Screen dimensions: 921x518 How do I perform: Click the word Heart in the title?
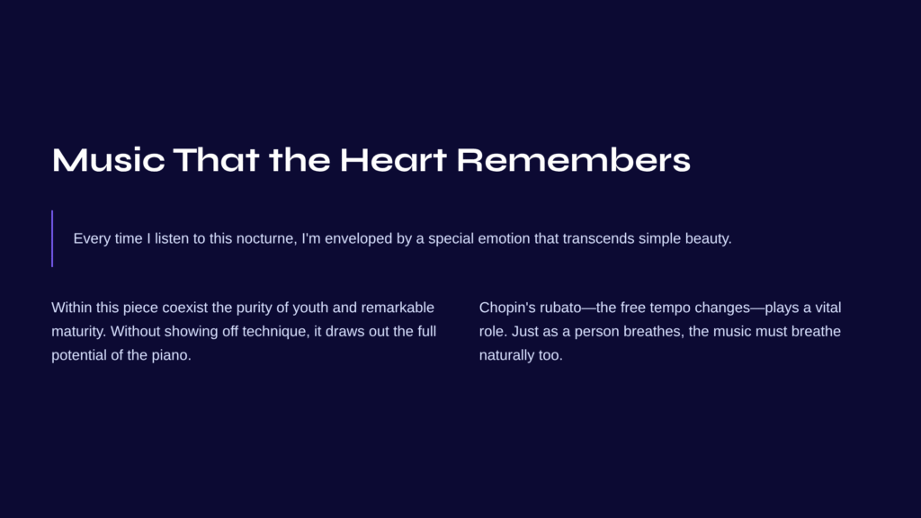point(393,160)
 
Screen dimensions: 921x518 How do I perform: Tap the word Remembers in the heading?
point(573,160)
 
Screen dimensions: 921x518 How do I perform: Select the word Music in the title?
point(108,160)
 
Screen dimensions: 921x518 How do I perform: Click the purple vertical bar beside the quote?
point(52,238)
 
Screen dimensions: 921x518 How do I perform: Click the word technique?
point(275,332)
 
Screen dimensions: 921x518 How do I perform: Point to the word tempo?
point(670,308)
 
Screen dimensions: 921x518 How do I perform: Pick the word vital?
point(828,308)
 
